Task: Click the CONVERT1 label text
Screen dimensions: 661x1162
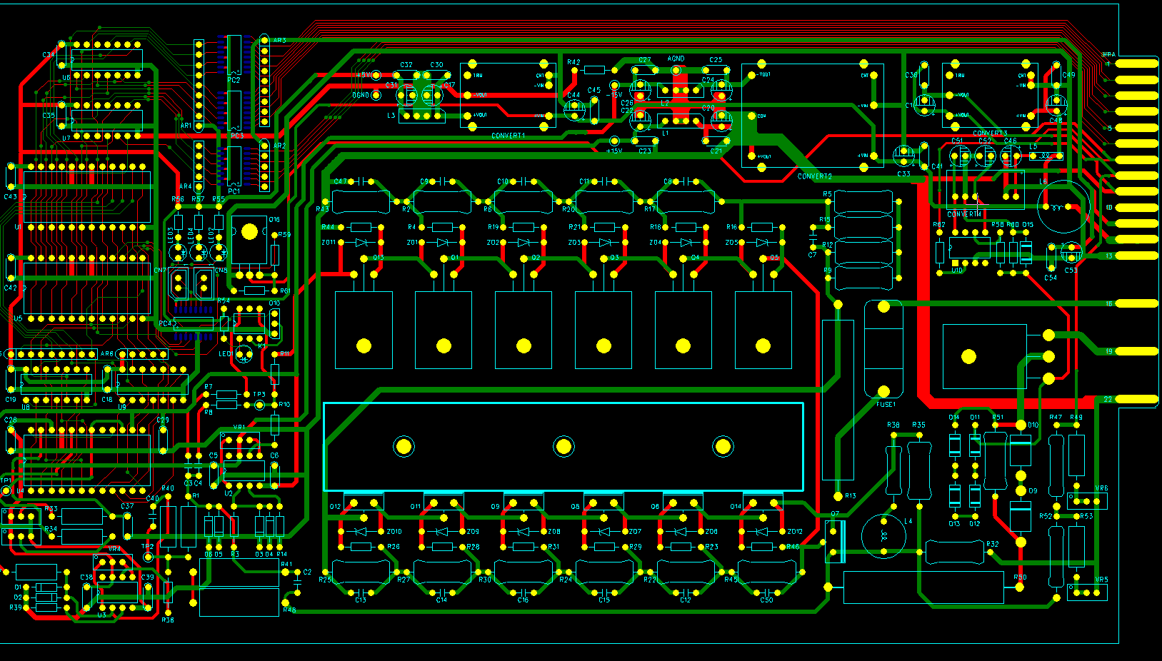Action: coord(508,136)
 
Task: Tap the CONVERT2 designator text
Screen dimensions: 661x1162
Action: coord(814,176)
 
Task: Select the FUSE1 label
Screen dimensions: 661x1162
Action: coord(886,405)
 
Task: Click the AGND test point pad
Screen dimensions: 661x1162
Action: coord(676,70)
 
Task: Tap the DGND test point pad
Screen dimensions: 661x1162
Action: coord(376,95)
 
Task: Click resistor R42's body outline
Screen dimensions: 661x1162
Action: coord(594,70)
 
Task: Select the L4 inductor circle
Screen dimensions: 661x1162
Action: coord(883,535)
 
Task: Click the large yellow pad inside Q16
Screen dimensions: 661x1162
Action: coord(249,232)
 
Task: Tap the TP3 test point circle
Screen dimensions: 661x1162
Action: coord(260,405)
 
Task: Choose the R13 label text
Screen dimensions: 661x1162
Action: coord(850,495)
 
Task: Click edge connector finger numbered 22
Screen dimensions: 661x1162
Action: coord(1136,399)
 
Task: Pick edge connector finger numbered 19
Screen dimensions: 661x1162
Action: coord(1136,351)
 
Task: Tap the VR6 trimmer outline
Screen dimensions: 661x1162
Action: coord(1087,500)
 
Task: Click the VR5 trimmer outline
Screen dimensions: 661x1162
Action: coord(1087,591)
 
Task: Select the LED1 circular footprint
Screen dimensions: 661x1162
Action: coord(244,353)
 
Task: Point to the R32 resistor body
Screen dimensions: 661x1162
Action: coord(954,552)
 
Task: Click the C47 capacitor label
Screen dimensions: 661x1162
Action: coord(340,181)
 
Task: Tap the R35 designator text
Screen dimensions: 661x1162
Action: coord(918,425)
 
